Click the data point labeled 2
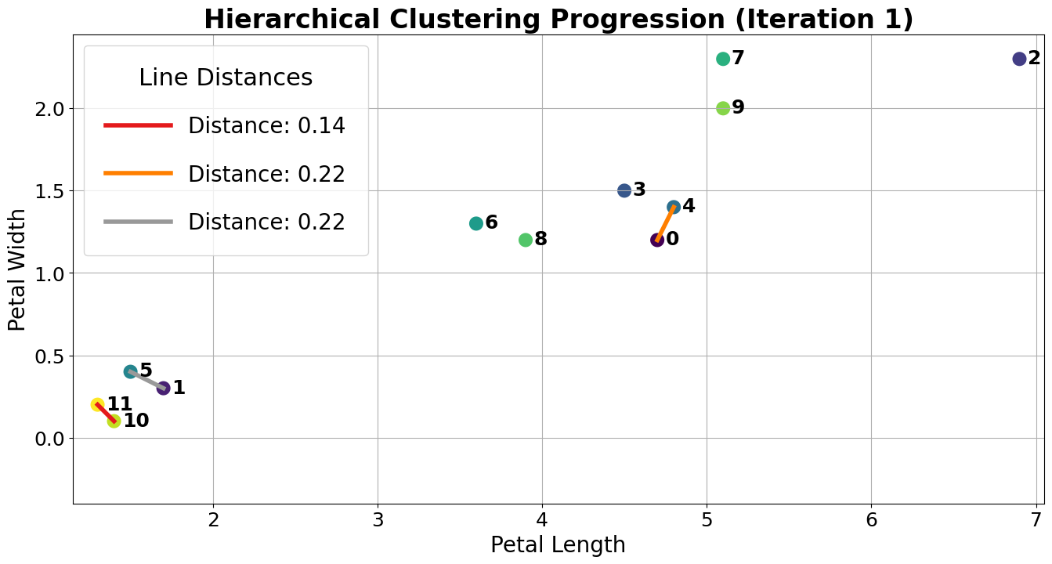pos(1019,59)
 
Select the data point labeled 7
pos(723,59)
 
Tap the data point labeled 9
pos(723,108)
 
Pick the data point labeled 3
pos(624,190)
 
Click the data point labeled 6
pos(476,223)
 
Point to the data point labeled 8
pos(526,240)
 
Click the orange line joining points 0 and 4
pos(666,223)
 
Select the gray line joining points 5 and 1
pos(147,380)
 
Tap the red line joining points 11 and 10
pos(106,413)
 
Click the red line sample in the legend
pos(138,125)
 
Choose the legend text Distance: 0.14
pos(266,125)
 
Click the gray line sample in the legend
pos(138,222)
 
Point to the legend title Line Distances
pos(226,78)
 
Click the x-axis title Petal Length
pos(558,545)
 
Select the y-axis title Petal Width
pos(17,269)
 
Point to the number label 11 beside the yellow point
pos(120,404)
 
